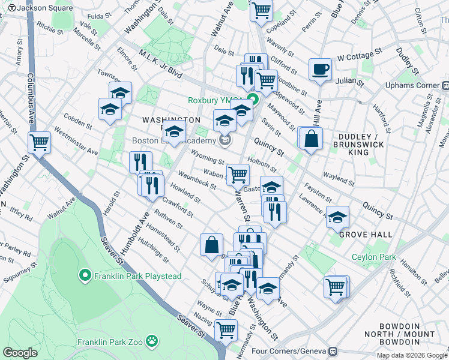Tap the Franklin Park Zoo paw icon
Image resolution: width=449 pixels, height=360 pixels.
[x=154, y=343]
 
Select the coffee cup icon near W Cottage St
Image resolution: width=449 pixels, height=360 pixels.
[x=320, y=69]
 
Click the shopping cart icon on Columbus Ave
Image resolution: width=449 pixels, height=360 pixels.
[x=39, y=143]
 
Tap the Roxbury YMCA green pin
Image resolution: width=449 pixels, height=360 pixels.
[x=253, y=100]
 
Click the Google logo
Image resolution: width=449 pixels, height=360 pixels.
[x=20, y=352]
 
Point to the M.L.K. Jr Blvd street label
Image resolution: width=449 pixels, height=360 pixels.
[x=160, y=62]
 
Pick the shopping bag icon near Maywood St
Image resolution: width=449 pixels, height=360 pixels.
[x=312, y=139]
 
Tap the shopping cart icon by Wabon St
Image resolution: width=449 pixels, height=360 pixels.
[x=238, y=175]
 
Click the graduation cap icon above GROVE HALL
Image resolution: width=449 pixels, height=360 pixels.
[x=337, y=217]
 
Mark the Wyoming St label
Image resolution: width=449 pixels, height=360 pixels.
[x=207, y=157]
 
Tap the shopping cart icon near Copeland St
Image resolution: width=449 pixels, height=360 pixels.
[x=261, y=10]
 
